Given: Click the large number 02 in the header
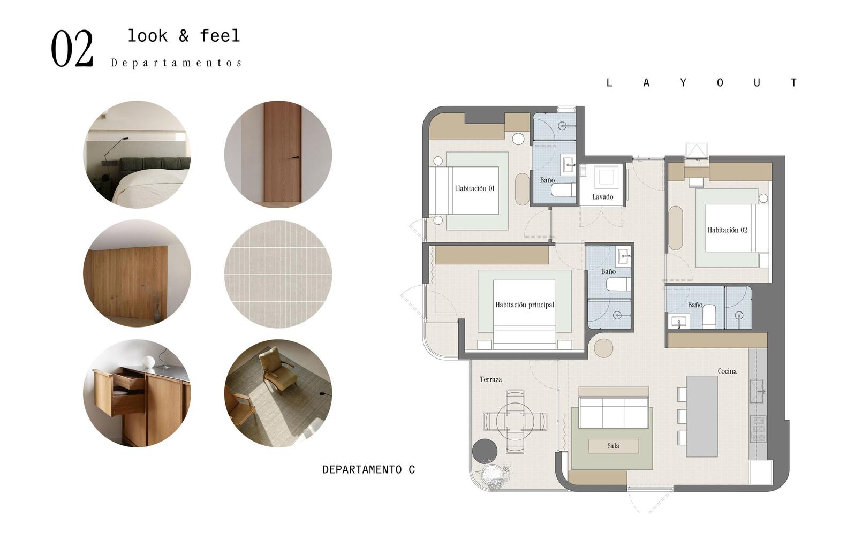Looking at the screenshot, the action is (72, 49).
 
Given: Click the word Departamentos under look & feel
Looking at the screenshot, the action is (176, 63).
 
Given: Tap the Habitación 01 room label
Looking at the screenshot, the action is (475, 188).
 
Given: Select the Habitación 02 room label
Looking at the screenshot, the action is (728, 230).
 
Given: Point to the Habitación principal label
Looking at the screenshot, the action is (525, 305).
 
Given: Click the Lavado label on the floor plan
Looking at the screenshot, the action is (603, 196).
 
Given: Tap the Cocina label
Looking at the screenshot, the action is (727, 371).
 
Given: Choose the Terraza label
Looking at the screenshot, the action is (491, 379).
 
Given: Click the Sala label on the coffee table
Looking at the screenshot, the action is (614, 446).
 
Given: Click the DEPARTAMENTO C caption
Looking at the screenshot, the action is (369, 470).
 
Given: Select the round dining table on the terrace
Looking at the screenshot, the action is (515, 421).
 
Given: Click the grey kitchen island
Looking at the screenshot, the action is (702, 416).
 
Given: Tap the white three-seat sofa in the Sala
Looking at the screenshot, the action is (614, 413).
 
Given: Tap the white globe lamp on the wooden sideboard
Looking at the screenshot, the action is (148, 362).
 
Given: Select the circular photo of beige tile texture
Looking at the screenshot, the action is (278, 274).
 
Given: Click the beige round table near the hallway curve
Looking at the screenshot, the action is (603, 348).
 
